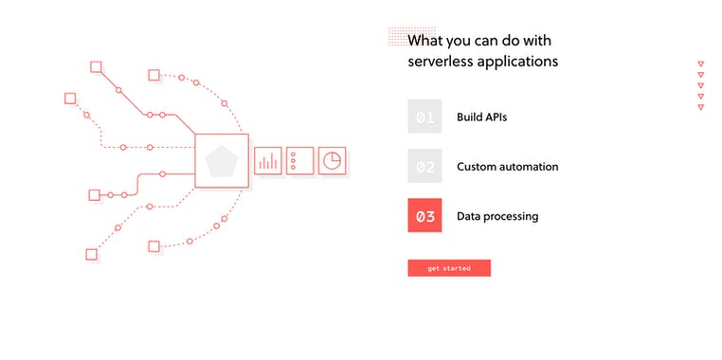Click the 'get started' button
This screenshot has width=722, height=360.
(448, 268)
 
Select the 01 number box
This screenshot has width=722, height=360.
(424, 117)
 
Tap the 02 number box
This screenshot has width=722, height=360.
(424, 166)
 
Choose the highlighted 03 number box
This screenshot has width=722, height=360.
(424, 216)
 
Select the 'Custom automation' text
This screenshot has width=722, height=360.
(507, 167)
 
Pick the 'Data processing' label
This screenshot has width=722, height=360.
(497, 216)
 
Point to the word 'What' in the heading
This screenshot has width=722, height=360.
(426, 41)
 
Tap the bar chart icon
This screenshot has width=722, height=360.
(267, 161)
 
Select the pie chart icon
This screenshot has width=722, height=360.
(331, 161)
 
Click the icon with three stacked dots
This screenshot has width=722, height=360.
(298, 161)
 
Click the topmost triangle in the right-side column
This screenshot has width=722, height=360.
(700, 64)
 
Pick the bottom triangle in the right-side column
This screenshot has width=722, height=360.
(700, 107)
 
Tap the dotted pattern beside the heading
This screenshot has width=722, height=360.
(398, 36)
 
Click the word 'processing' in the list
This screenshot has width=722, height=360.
(512, 216)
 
